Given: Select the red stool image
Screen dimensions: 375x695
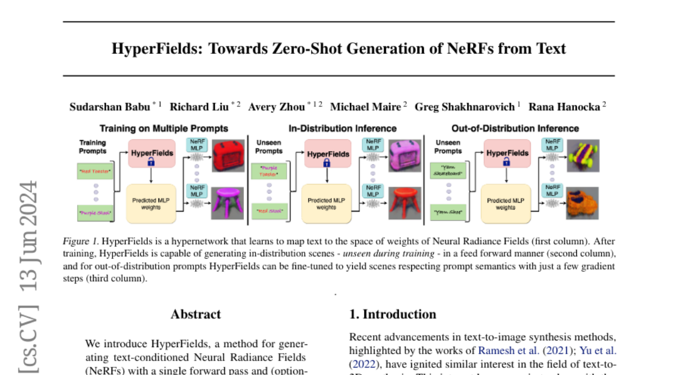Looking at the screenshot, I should point(404,203).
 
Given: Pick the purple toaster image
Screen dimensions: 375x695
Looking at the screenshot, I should point(404,156).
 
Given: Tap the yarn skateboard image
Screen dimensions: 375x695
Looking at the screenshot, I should point(582,156).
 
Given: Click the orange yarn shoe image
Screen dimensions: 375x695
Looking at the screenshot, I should point(582,203).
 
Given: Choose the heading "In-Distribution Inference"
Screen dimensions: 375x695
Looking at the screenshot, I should point(342,128).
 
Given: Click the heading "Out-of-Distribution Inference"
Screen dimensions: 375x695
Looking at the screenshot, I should point(515,128).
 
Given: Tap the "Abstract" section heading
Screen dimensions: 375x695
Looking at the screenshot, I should point(196,314).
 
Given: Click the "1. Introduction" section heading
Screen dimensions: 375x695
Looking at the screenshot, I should point(393,314).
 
